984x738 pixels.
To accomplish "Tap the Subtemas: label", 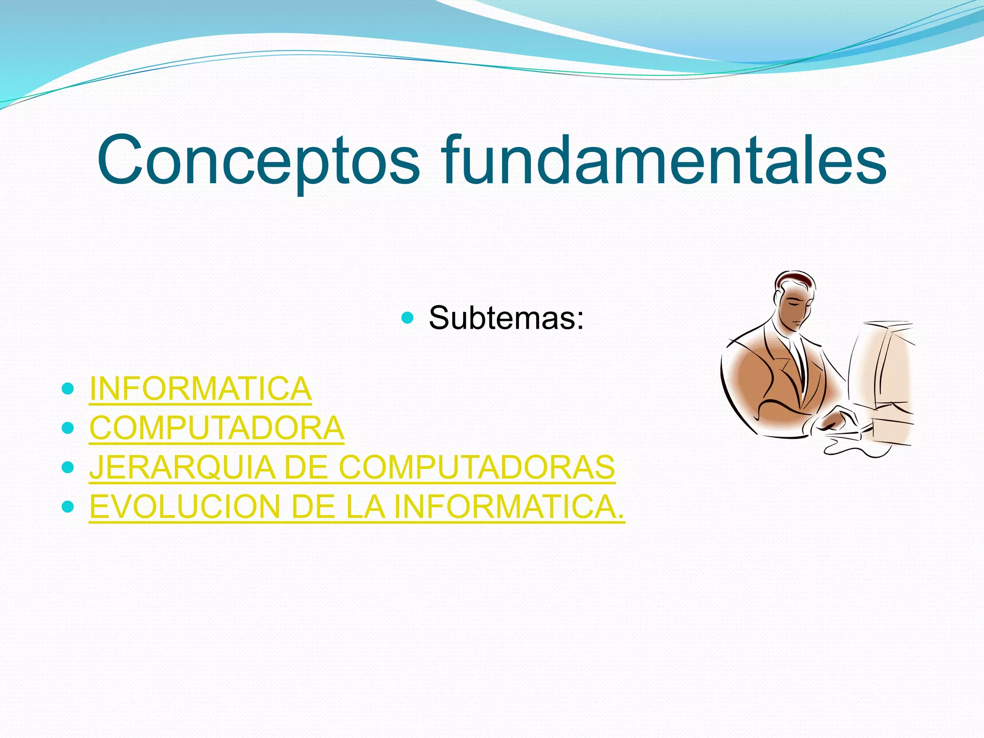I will point(506,318).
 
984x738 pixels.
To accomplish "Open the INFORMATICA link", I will point(200,388).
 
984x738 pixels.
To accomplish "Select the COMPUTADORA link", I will point(217,428).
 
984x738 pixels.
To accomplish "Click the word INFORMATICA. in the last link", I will point(509,507).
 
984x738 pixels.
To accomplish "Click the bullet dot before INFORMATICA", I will point(68,388).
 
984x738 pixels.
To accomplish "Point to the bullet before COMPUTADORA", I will point(68,427).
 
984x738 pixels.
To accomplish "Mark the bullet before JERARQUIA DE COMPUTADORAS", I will point(68,467).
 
